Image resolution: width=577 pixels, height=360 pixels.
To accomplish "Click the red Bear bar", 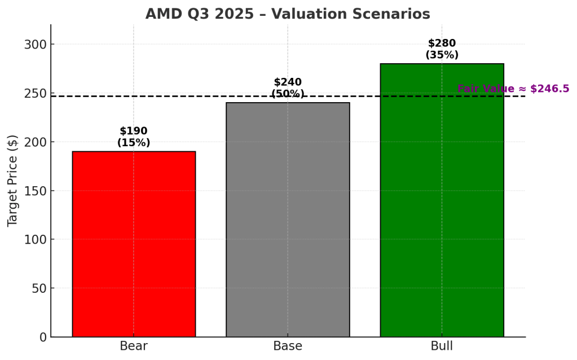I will pyautogui.click(x=134, y=244).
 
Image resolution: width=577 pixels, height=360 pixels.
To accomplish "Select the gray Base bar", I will pyautogui.click(x=288, y=219).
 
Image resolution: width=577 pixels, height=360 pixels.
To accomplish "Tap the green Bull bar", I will pyautogui.click(x=442, y=200).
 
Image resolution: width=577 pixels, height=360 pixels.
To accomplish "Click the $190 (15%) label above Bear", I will pyautogui.click(x=134, y=137).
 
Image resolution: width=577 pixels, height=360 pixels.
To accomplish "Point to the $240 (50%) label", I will pyautogui.click(x=288, y=88).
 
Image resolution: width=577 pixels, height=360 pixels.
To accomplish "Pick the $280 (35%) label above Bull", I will pyautogui.click(x=442, y=49).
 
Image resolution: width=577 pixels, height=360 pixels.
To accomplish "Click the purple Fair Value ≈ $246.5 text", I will pyautogui.click(x=513, y=89).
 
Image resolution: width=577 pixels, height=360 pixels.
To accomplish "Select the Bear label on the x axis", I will pyautogui.click(x=134, y=346).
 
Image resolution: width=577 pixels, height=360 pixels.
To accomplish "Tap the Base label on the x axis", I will pyautogui.click(x=288, y=346).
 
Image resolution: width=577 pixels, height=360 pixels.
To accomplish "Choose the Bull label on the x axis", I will pyautogui.click(x=442, y=346).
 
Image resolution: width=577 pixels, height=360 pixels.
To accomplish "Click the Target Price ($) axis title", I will pyautogui.click(x=13, y=181).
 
